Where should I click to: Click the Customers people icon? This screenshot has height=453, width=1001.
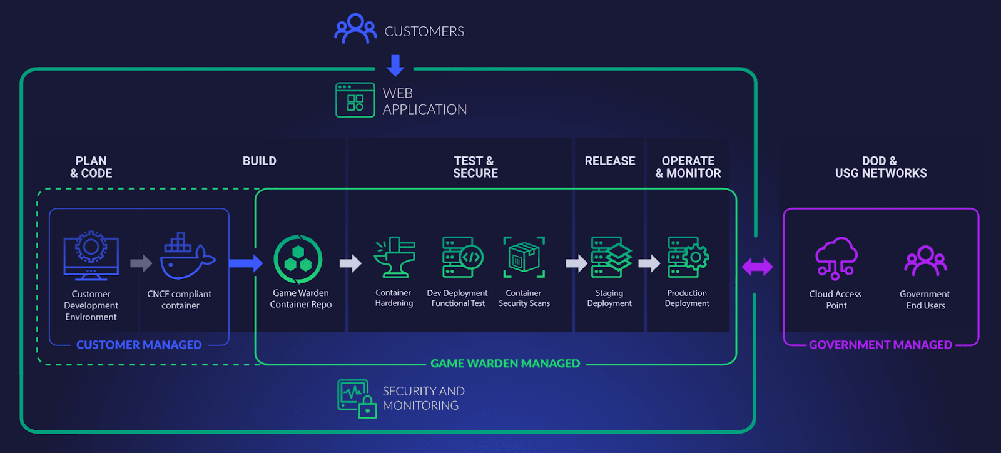tap(355, 29)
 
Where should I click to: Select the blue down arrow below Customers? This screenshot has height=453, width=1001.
tap(395, 65)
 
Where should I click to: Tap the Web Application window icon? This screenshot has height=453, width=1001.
tap(355, 100)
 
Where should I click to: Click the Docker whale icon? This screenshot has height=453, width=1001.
tap(186, 257)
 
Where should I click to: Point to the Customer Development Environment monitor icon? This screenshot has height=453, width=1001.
tap(91, 256)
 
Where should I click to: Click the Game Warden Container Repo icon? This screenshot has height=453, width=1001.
tap(298, 259)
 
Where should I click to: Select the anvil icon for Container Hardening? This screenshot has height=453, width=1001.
tap(394, 257)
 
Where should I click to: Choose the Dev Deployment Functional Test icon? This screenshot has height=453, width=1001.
tap(462, 257)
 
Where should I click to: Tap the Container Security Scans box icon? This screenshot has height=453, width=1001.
tap(524, 257)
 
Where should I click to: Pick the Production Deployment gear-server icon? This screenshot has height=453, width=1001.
tap(688, 257)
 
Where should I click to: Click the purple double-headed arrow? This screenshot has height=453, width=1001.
tap(758, 267)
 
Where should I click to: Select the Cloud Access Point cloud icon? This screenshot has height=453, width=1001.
tap(836, 257)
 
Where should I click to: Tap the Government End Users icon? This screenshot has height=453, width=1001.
tap(925, 261)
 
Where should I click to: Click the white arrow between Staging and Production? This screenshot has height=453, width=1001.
tap(649, 263)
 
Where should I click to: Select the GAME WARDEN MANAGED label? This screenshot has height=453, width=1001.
tap(505, 364)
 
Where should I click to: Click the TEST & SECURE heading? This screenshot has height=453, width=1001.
tap(475, 167)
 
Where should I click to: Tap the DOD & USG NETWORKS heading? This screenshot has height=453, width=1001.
tap(880, 167)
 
